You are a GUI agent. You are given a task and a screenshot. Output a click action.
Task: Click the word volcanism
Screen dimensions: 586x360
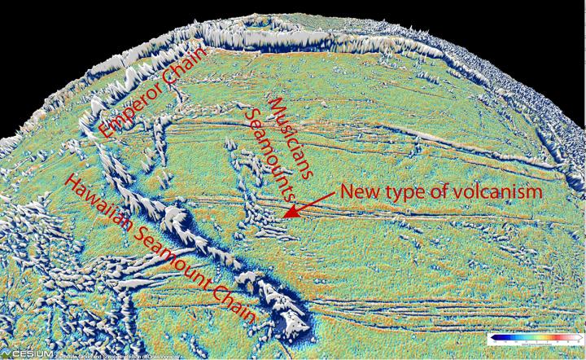497,193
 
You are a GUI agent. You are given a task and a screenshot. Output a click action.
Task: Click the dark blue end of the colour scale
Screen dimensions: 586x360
492,336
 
